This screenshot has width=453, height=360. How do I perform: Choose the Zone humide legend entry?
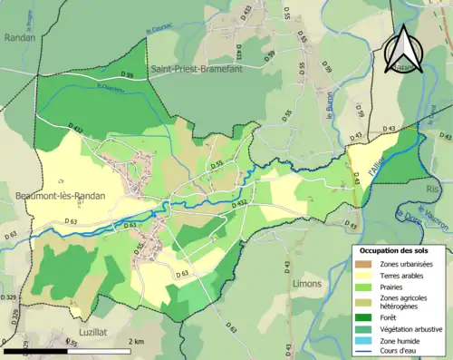(x=400, y=343)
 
